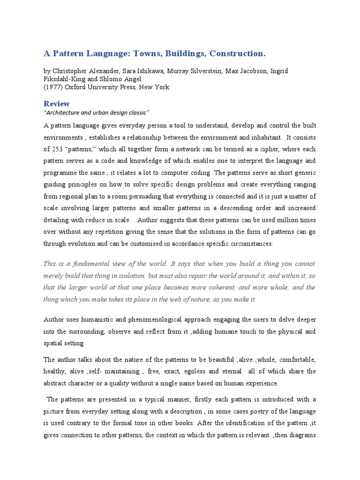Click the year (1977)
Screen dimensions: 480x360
pyautogui.click(x=53, y=87)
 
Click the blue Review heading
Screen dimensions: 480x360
pyautogui.click(x=57, y=104)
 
